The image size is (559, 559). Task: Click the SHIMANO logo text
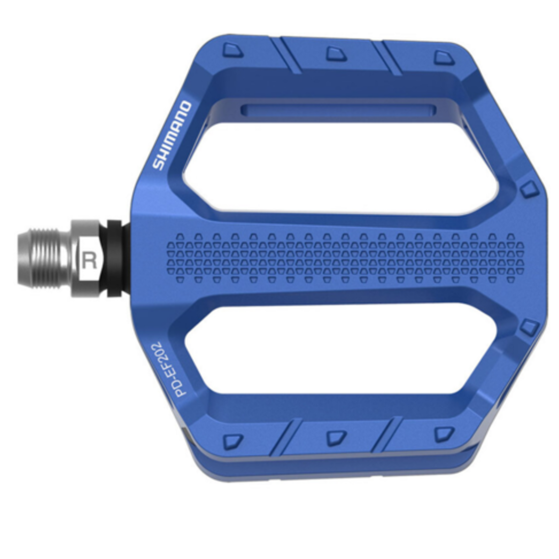[x=172, y=135]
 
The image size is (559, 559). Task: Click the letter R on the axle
[x=89, y=261]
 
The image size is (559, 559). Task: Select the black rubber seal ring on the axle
[x=114, y=259]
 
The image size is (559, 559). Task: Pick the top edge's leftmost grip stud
[x=233, y=50]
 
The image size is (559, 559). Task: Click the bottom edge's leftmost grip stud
[x=233, y=440]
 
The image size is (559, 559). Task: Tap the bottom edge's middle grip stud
[x=336, y=437]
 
